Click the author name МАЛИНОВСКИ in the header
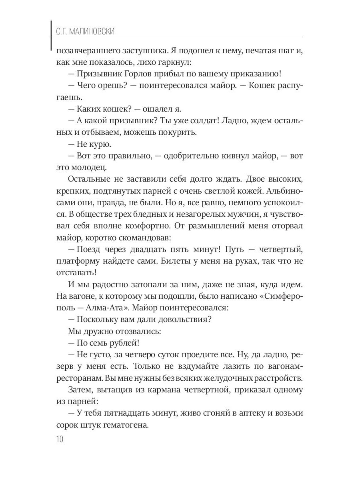90,32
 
